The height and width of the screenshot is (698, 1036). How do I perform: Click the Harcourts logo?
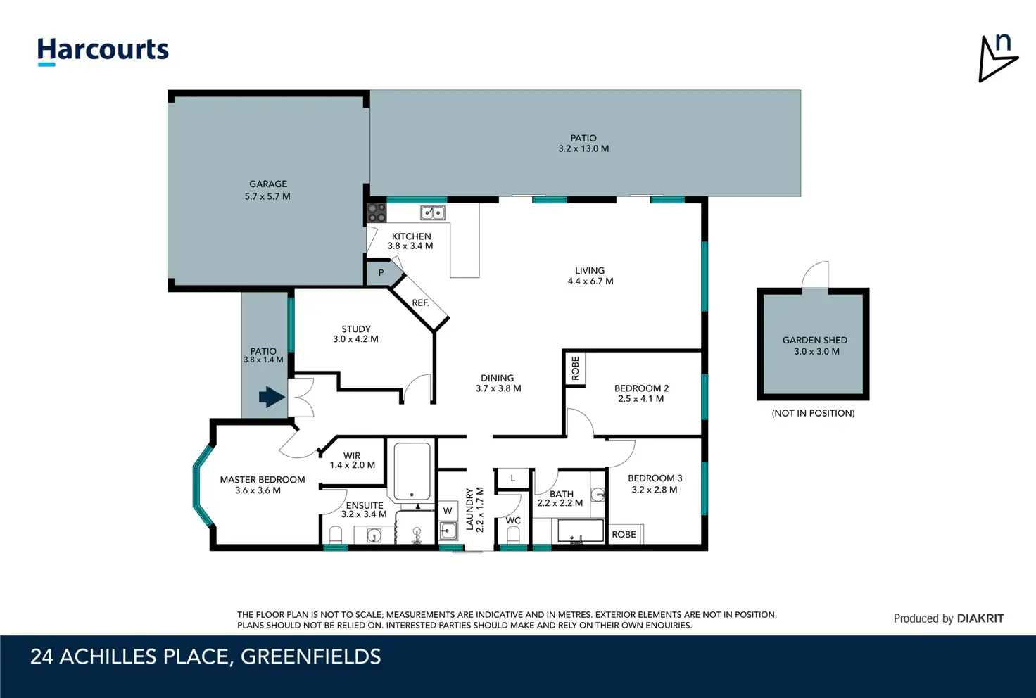coord(103,51)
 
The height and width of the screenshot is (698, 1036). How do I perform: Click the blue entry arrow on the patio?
coord(272,397)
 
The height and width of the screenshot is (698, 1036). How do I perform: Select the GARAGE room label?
coord(268,184)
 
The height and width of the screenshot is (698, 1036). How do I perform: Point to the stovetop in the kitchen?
coord(377,213)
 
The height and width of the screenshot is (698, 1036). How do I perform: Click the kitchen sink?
coord(433,212)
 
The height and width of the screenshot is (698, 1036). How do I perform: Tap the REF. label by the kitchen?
coord(420,303)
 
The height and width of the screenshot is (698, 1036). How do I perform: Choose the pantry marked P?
coord(381,273)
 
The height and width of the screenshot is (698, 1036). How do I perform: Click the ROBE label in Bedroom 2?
coord(575,369)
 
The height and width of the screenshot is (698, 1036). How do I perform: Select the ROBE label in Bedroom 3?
coord(624,534)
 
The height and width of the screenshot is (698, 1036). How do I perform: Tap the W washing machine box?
coord(447,511)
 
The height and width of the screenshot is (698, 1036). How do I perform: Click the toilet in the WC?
coord(513,535)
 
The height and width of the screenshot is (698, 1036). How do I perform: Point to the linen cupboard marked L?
coord(513,478)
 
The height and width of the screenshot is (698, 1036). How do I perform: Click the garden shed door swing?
coord(815,274)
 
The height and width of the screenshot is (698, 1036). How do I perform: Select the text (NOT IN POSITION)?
coord(813,413)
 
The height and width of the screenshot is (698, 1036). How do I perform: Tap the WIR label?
coord(352,455)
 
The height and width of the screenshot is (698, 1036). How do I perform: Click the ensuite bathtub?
coord(412,471)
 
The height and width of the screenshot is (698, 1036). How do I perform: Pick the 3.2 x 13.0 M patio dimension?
coord(583,149)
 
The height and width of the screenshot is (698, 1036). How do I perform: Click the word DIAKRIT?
coord(980,618)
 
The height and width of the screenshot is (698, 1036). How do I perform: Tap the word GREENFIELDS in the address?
coord(311,657)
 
